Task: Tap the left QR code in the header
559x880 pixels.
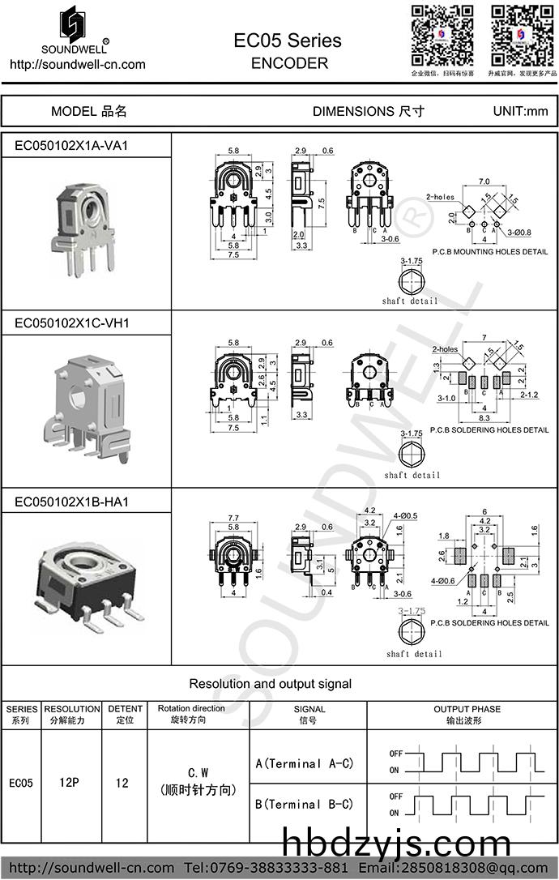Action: [x=442, y=35]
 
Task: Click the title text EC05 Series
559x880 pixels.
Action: [x=288, y=41]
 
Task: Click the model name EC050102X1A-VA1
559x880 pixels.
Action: [x=72, y=145]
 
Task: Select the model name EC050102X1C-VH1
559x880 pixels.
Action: [x=72, y=323]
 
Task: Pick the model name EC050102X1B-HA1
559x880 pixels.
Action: [x=72, y=502]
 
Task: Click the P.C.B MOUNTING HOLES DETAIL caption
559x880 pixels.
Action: [x=490, y=252]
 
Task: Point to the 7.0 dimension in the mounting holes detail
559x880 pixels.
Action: [x=484, y=181]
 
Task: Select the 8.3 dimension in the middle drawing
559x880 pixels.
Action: [x=484, y=417]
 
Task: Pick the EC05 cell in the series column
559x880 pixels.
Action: [x=21, y=784]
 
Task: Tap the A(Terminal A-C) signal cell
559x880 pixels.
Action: [x=305, y=763]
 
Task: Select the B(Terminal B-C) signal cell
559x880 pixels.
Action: [x=305, y=805]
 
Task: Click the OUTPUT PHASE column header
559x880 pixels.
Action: [x=462, y=714]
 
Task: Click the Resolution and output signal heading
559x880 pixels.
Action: [x=271, y=684]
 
